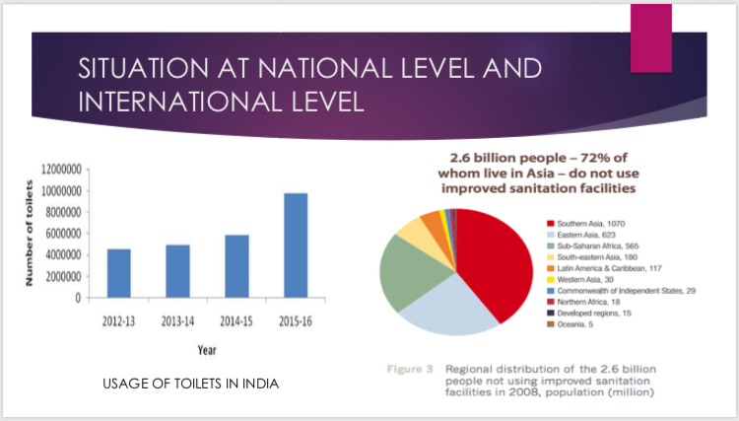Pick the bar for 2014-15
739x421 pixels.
[235, 265]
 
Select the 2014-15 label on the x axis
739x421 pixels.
[235, 320]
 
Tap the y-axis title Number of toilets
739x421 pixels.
[31, 233]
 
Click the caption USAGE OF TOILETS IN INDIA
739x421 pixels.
[191, 383]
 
